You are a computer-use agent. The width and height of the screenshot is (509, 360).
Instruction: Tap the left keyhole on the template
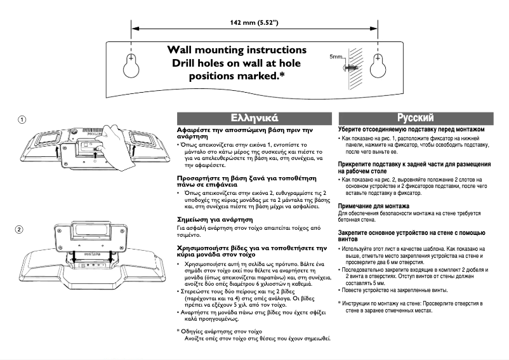coord(131,65)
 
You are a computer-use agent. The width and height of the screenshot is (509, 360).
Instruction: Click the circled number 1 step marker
coord(22,119)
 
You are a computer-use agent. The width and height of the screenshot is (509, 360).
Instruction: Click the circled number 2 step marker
coord(22,229)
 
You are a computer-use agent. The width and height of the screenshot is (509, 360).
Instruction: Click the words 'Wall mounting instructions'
coord(236,50)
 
